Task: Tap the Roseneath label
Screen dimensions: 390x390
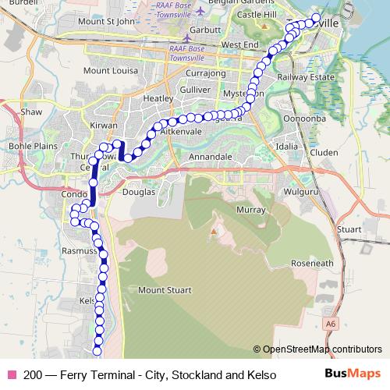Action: tap(312, 264)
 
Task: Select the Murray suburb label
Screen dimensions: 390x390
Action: tap(250, 211)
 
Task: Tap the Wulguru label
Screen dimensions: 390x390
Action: tap(298, 190)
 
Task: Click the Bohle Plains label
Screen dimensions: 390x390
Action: tap(29, 146)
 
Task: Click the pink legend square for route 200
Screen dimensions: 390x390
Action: tap(12, 375)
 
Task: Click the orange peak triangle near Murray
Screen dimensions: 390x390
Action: tap(213, 232)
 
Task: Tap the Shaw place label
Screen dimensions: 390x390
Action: tap(31, 112)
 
